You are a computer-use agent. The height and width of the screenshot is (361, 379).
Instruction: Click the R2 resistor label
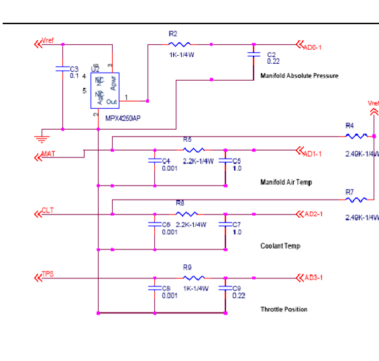(173, 33)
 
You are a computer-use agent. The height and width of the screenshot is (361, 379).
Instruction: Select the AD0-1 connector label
(313, 47)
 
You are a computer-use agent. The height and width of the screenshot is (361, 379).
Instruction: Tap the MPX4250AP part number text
(123, 118)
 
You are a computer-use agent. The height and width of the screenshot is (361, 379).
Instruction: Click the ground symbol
(41, 138)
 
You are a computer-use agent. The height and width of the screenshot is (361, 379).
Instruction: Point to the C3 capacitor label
(74, 69)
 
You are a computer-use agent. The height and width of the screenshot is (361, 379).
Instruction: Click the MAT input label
(48, 154)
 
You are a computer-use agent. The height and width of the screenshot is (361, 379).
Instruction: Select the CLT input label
(48, 210)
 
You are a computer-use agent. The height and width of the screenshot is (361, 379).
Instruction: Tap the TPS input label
(48, 274)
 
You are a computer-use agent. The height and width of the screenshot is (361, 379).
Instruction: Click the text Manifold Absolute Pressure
(299, 76)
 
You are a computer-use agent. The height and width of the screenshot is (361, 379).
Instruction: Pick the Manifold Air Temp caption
(286, 182)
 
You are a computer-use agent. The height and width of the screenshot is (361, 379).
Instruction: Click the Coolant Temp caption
(280, 246)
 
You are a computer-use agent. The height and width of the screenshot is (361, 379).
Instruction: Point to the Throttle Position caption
(284, 309)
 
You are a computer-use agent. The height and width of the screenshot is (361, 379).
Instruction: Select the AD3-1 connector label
(313, 278)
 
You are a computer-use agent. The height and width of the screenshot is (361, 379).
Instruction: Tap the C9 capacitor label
(236, 288)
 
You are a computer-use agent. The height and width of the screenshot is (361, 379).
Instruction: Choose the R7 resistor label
(349, 192)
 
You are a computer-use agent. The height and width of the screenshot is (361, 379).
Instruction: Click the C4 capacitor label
(166, 161)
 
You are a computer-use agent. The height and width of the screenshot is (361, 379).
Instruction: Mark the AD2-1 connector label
(313, 214)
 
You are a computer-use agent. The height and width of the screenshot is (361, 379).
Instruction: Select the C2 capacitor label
(272, 54)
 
